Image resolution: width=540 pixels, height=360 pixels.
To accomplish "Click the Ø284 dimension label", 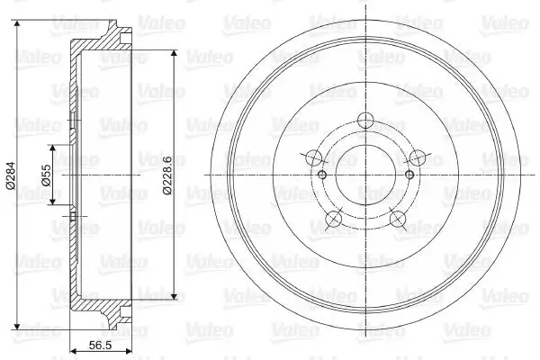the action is (12, 175).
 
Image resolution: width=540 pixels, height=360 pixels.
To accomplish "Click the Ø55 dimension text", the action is (47, 175).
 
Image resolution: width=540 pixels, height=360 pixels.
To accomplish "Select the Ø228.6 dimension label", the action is (167, 175).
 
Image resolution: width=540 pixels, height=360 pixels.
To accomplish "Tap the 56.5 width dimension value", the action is (100, 345).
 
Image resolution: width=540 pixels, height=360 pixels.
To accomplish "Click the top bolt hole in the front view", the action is (365, 121).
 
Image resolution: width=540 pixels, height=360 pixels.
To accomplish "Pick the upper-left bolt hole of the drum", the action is (314, 157).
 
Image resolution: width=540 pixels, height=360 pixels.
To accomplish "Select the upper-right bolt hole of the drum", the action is (418, 157).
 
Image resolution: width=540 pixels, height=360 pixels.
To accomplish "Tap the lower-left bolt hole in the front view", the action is (333, 219).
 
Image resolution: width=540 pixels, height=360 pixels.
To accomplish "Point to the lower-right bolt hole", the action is (398, 219).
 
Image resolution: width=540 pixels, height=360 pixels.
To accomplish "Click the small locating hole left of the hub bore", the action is (322, 175).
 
